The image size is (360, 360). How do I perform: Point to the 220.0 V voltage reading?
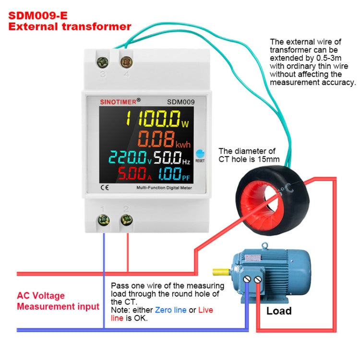(x=129, y=157)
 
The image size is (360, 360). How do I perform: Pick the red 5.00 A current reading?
(x=129, y=173)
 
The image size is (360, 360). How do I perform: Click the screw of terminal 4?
(x=127, y=62)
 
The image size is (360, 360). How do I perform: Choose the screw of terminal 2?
(x=127, y=220)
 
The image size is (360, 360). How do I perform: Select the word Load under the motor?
(x=279, y=311)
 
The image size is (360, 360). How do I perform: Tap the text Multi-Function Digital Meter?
(x=164, y=188)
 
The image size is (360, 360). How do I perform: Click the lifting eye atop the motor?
(x=264, y=246)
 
